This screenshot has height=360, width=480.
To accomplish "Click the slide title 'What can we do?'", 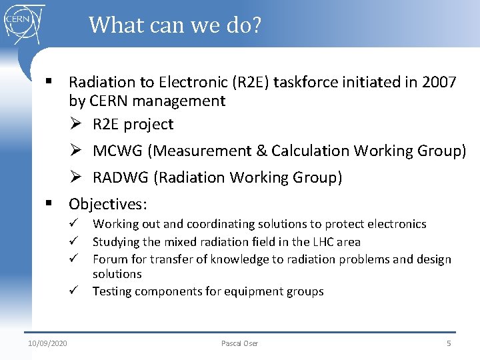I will (x=175, y=25).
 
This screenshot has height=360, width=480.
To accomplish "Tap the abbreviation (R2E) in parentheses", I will (x=251, y=82).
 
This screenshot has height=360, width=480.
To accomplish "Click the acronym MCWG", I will (x=118, y=151).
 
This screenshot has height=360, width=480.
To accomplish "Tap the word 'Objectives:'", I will (x=108, y=203).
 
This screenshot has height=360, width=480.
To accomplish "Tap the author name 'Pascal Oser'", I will (x=239, y=343).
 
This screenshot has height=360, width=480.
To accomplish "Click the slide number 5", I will (x=448, y=343).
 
